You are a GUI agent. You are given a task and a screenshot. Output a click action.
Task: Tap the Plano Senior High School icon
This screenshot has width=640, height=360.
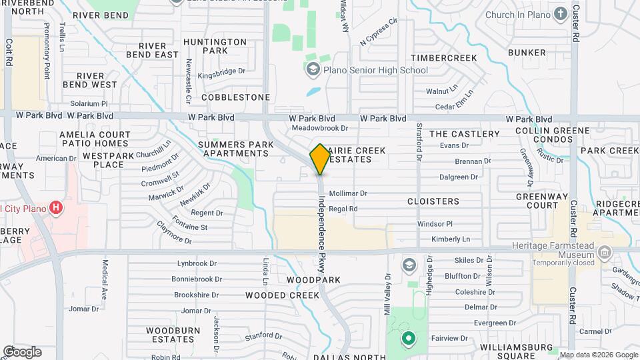tap(312, 69)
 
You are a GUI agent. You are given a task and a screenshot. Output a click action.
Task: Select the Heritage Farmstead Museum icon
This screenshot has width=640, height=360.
tap(605, 253)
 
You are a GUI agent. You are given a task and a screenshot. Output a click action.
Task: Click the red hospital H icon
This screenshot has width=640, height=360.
tap(57, 208)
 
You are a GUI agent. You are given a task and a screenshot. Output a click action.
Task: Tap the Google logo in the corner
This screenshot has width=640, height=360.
tap(22, 351)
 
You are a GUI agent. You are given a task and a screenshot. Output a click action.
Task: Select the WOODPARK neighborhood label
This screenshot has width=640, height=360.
tap(313, 280)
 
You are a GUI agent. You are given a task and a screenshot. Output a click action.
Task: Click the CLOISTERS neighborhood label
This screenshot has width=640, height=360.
tap(433, 201)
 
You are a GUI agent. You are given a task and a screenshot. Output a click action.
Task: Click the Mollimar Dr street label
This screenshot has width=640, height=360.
tap(348, 193)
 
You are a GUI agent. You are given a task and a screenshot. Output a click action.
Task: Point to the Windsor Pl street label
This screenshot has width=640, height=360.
tap(435, 224)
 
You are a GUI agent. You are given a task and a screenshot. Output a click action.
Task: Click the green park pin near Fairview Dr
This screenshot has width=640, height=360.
tap(407, 339)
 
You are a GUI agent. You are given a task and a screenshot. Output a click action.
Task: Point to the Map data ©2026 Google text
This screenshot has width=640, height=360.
tap(598, 355)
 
